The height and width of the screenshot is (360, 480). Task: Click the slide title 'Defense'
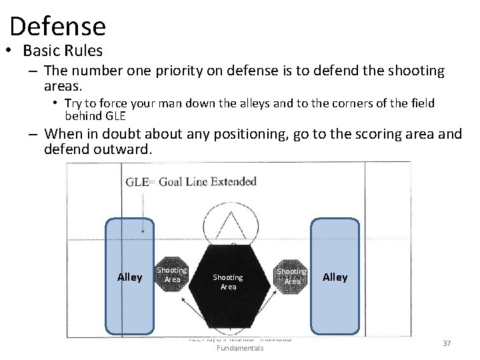point(58,26)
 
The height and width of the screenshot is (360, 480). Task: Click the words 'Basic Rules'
point(63,51)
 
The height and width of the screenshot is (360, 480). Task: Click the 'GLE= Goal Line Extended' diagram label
point(191,181)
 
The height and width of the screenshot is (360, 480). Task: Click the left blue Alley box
point(129,277)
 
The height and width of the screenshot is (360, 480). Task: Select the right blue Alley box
point(335,277)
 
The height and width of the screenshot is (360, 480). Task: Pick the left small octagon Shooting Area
point(172,274)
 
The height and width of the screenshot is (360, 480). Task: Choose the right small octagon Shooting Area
point(291,275)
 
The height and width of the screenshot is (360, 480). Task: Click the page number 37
point(447,343)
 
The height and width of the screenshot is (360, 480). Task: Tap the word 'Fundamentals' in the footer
point(240,348)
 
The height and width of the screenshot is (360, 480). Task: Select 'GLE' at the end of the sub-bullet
point(114,115)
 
